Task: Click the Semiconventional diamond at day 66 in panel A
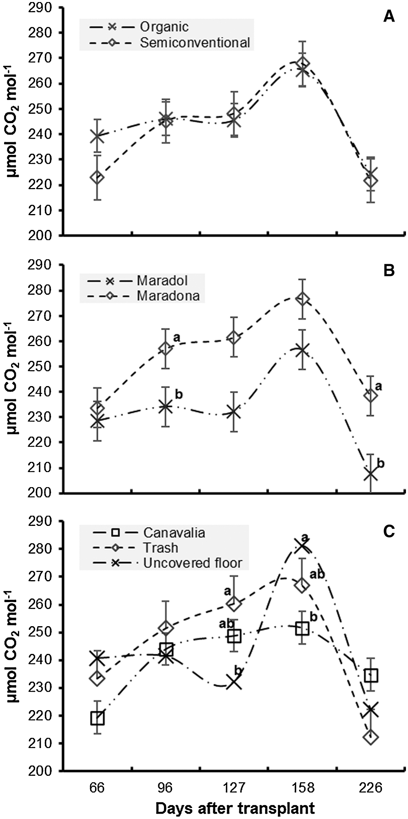coord(97,177)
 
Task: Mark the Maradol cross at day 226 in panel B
coord(370,474)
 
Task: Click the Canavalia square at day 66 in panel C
coord(97,718)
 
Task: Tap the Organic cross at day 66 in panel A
coord(97,136)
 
